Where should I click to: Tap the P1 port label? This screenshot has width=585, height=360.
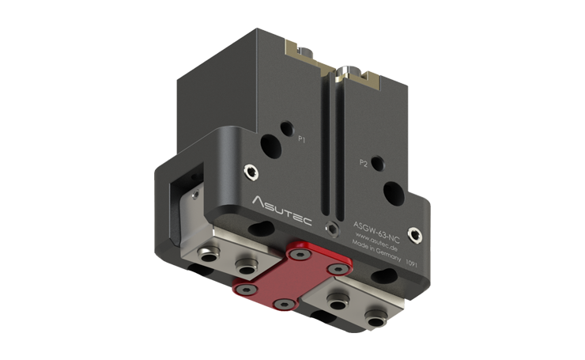click(302, 138)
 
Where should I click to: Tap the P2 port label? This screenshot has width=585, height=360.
click(364, 164)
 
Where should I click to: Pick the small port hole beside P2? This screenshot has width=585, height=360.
click(378, 162)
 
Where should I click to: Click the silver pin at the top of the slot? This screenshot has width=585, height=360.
click(342, 74)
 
